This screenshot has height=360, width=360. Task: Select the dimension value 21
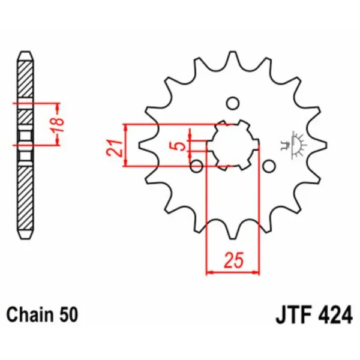point(115,146)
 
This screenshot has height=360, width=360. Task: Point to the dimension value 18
point(58,123)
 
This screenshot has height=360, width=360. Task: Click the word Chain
point(28,314)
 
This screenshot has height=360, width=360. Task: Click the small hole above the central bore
point(233,103)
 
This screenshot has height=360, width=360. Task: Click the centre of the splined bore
point(233,145)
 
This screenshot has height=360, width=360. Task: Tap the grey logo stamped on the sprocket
point(294,144)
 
